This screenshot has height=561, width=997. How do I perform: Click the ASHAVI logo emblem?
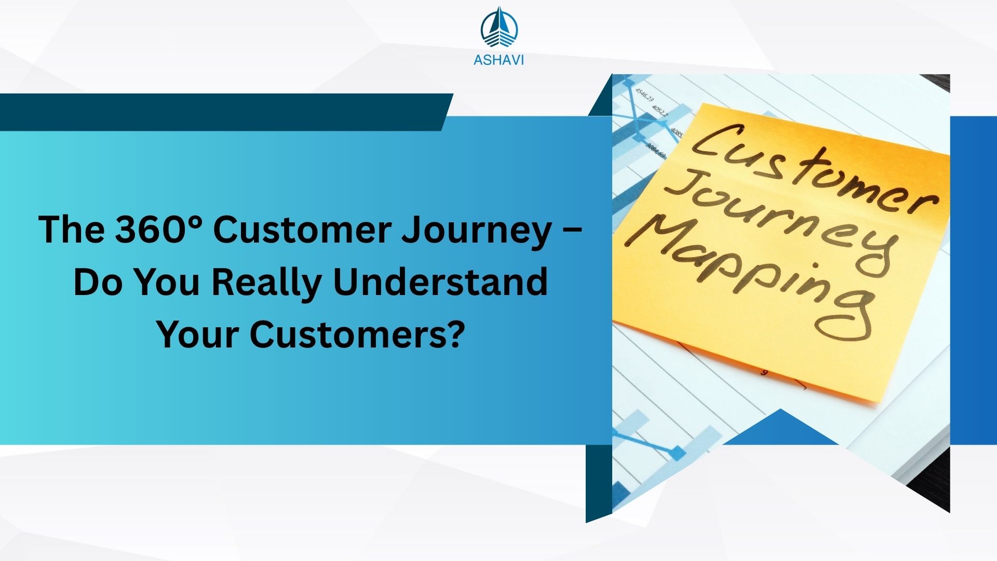click(x=499, y=27)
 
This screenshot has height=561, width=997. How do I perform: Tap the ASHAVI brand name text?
click(x=498, y=60)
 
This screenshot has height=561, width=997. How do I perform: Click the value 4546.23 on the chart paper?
click(x=645, y=95)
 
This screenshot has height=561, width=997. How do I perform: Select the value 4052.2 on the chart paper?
click(x=661, y=112)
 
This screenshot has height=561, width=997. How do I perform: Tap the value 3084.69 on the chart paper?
click(x=655, y=150)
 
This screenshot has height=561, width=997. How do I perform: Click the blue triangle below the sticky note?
click(x=780, y=426)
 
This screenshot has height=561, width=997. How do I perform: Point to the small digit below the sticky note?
click(x=764, y=372)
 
